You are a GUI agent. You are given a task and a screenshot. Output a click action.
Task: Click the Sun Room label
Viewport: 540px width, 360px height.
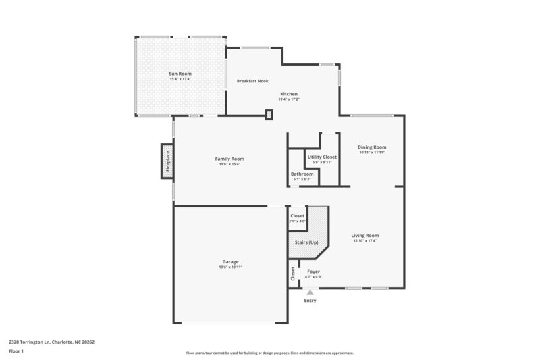click(x=180, y=73)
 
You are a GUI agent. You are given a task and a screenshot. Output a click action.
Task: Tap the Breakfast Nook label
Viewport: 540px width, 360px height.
click(x=252, y=81)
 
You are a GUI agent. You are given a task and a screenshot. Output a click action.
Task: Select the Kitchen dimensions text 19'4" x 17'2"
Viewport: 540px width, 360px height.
click(x=289, y=99)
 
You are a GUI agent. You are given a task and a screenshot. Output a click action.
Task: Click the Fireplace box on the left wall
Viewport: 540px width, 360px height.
click(x=167, y=162)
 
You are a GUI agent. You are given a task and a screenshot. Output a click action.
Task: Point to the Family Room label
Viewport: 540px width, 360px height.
click(x=230, y=159)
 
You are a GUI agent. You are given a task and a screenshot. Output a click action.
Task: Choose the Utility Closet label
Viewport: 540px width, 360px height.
click(x=322, y=157)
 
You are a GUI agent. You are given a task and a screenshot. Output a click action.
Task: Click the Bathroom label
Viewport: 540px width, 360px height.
click(x=302, y=174)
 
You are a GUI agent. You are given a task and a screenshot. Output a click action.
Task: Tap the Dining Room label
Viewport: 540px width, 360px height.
click(x=372, y=147)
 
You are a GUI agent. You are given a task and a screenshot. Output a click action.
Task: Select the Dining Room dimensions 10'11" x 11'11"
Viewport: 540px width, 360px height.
click(x=372, y=153)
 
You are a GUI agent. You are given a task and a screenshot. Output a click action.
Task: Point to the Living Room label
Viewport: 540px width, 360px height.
click(x=365, y=235)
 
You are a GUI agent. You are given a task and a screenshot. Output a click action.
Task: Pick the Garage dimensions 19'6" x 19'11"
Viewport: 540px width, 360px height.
click(x=230, y=267)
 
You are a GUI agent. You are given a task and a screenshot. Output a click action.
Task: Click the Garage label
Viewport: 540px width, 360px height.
click(x=230, y=261)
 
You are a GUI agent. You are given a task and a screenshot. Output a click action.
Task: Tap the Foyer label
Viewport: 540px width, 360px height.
click(x=313, y=272)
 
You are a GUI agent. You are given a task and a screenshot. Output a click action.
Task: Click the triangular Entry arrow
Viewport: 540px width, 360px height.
click(x=310, y=292)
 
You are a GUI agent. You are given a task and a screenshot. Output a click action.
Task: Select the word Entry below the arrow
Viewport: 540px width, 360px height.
click(x=310, y=301)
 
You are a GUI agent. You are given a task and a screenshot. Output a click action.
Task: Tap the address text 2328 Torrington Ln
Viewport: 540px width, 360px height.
click(x=34, y=342)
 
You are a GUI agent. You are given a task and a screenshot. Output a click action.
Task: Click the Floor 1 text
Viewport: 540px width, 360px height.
click(x=16, y=352)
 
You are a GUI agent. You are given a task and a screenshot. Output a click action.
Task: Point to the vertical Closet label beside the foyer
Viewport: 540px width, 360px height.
click(x=292, y=274)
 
